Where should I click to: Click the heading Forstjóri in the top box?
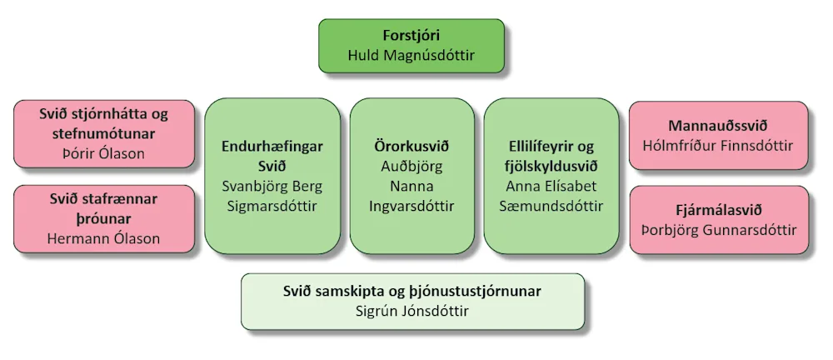pos(412,37)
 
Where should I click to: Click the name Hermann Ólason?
pos(104,239)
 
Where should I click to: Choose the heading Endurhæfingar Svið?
pos(272,155)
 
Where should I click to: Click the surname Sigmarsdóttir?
pos(272,206)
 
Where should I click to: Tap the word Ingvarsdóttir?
pos(412,206)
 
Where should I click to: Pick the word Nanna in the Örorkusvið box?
pos(412,186)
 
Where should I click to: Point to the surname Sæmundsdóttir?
pos(551,206)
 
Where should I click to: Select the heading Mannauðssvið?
pos(718,126)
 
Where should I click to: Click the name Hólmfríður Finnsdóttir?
pos(718,146)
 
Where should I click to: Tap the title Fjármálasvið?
pos(718,210)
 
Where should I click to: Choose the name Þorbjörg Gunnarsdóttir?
pos(718,230)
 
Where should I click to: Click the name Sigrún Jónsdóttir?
pos(412,311)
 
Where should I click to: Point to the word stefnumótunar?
pos(104,132)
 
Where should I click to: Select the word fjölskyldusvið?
pos(551,166)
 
